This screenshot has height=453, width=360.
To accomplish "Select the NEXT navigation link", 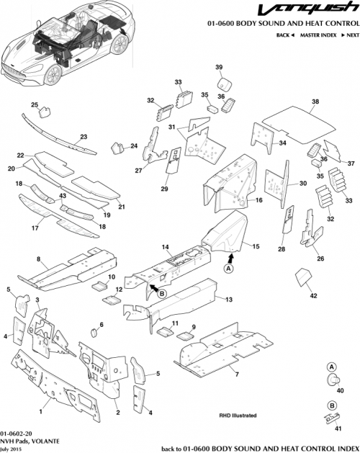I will (x=349, y=35).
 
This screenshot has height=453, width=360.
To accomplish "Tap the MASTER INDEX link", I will (x=318, y=35).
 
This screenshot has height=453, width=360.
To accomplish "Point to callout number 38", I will (x=314, y=102).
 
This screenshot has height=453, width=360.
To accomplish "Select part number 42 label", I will (x=312, y=295).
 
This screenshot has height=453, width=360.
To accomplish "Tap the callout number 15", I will (x=255, y=246).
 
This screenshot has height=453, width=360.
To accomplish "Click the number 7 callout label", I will (x=235, y=372).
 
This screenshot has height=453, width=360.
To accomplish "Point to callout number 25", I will (x=34, y=105).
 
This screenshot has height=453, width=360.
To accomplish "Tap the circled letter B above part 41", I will (x=333, y=405).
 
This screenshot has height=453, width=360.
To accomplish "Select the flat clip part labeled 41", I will (x=332, y=418).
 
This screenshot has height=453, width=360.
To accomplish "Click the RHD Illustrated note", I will (x=238, y=416).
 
